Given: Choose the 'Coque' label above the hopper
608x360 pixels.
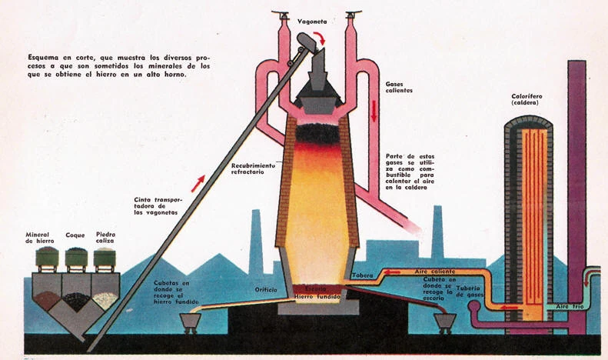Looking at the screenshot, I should pyautogui.click(x=75, y=235).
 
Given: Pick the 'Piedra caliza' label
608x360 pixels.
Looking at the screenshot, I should pyautogui.click(x=105, y=238).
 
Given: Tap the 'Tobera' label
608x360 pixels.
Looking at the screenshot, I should pyautogui.click(x=362, y=275).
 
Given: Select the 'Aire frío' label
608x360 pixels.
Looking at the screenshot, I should pyautogui.click(x=570, y=306).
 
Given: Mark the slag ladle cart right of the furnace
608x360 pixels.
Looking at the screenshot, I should pyautogui.click(x=444, y=320).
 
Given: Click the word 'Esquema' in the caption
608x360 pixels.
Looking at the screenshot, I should pyautogui.click(x=43, y=58).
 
